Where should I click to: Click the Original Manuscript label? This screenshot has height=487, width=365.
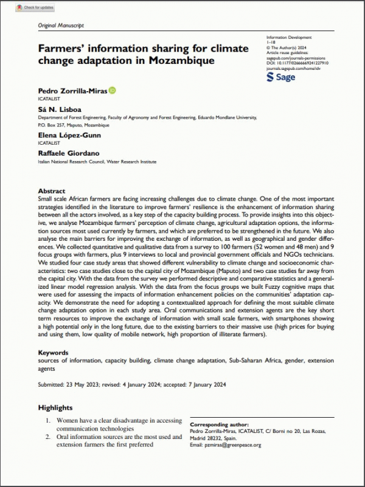point(61,26)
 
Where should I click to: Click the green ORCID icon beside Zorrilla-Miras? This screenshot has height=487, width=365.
point(112,91)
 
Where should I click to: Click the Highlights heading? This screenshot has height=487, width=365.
point(55,407)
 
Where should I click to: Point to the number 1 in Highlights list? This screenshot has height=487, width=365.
point(48,420)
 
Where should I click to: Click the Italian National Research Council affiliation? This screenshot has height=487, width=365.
point(97,162)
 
